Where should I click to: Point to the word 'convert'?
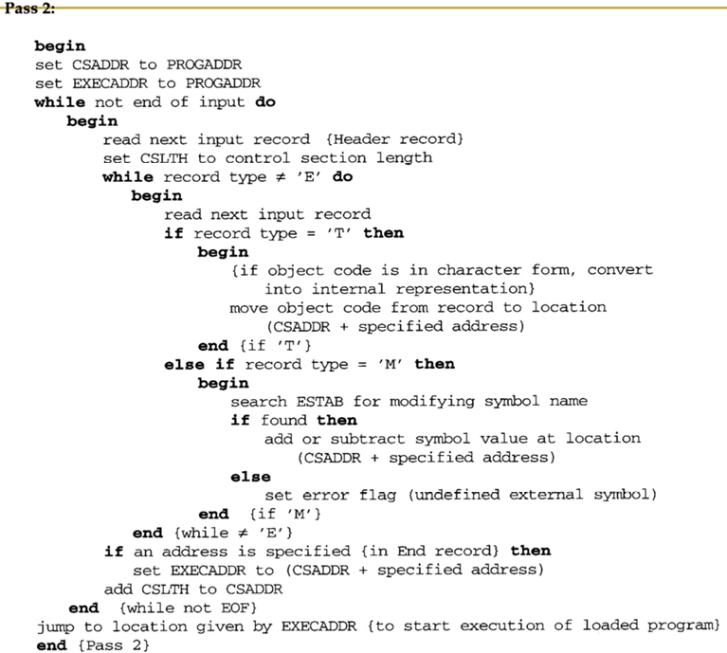click(x=620, y=270)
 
